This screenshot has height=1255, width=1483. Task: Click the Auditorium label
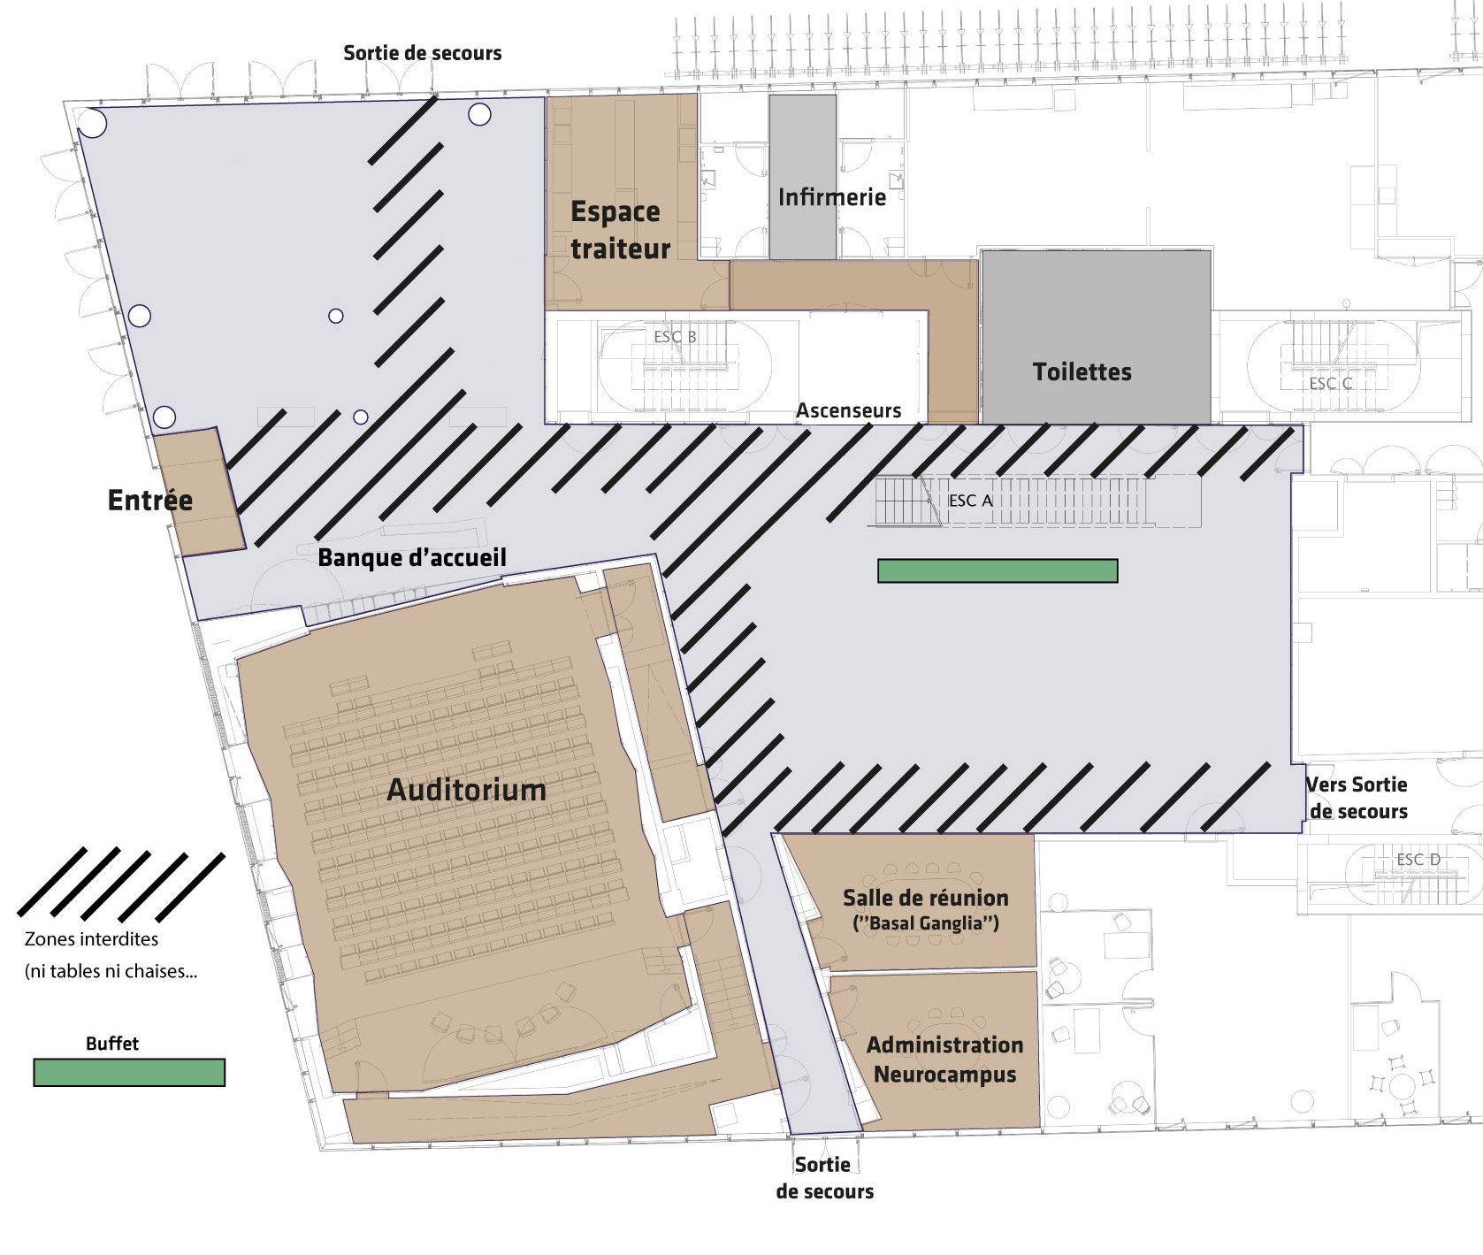pos(466,789)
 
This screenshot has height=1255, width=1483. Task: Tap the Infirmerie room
pos(803,177)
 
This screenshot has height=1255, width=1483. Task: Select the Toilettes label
pos(1082,371)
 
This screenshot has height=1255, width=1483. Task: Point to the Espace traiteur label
pos(620,230)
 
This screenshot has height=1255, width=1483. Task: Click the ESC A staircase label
pos(970,501)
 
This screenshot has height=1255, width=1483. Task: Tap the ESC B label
pos(675,337)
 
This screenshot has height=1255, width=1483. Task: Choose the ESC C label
pos(1331,384)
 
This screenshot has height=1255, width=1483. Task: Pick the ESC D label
pos(1418,860)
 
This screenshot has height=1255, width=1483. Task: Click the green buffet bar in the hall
pos(998,570)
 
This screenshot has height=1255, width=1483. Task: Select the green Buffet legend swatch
pos(129,1073)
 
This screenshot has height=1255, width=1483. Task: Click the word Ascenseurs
pos(848,410)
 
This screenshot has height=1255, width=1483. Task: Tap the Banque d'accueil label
pos(412,557)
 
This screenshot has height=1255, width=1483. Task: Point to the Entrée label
pos(149,500)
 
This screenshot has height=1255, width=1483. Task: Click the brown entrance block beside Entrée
pos(199,492)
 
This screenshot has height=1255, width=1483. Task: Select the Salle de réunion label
pos(925,898)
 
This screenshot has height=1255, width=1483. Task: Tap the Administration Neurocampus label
pos(944,1060)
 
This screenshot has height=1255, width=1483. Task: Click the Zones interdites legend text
pos(92,938)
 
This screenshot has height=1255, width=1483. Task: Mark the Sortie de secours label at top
pos(422,53)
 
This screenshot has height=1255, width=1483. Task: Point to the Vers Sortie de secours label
pos(1357,798)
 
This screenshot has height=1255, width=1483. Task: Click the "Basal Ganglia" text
pos(925,924)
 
